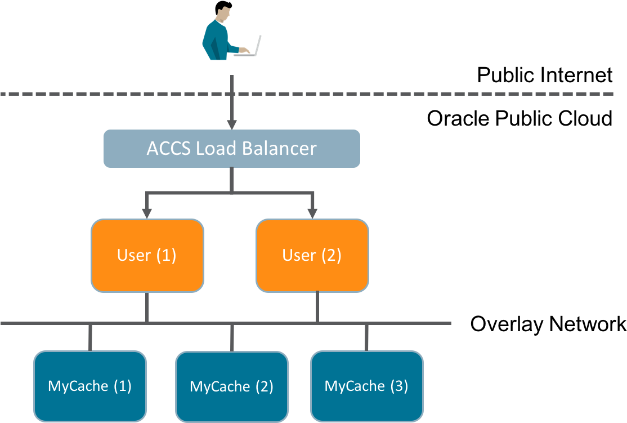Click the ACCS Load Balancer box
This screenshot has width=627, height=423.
click(x=231, y=149)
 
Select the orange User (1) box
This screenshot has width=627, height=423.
click(x=147, y=255)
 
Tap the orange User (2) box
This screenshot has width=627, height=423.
click(x=312, y=255)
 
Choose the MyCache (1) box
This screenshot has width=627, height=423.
click(x=90, y=386)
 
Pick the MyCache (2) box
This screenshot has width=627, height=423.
click(x=231, y=387)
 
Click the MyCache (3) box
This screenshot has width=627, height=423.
click(x=366, y=386)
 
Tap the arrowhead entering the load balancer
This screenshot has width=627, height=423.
click(x=231, y=124)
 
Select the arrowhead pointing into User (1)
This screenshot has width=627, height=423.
click(x=147, y=213)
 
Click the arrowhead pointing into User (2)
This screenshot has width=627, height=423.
click(x=312, y=213)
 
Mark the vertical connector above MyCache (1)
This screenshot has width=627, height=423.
click(x=90, y=337)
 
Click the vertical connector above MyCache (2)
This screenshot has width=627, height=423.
click(x=231, y=337)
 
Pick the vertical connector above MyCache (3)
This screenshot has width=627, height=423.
click(x=366, y=337)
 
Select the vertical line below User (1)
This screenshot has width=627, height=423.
click(x=147, y=307)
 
